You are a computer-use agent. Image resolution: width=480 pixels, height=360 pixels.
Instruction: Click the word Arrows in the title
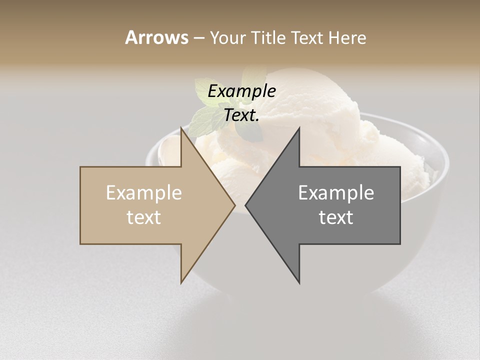coord(156,37)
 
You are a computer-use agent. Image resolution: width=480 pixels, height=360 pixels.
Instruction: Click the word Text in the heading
coord(305,37)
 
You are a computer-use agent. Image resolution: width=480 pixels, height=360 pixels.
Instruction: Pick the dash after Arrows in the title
coord(198,38)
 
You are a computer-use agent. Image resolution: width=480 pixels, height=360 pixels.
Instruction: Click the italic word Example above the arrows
coord(242,91)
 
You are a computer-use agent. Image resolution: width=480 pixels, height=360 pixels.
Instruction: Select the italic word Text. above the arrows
coord(242,115)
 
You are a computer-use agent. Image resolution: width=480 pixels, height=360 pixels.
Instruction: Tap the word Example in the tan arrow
coord(144,192)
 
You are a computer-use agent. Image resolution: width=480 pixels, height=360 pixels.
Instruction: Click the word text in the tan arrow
coord(144,217)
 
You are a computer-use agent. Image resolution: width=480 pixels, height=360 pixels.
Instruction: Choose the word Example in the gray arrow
coord(336,192)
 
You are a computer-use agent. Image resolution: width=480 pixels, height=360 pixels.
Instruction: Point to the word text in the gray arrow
coord(336,217)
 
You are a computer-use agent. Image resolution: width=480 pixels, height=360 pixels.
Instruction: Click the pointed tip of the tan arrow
coord(234,205)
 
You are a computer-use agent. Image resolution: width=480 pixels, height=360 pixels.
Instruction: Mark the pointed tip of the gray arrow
coord(246,205)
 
